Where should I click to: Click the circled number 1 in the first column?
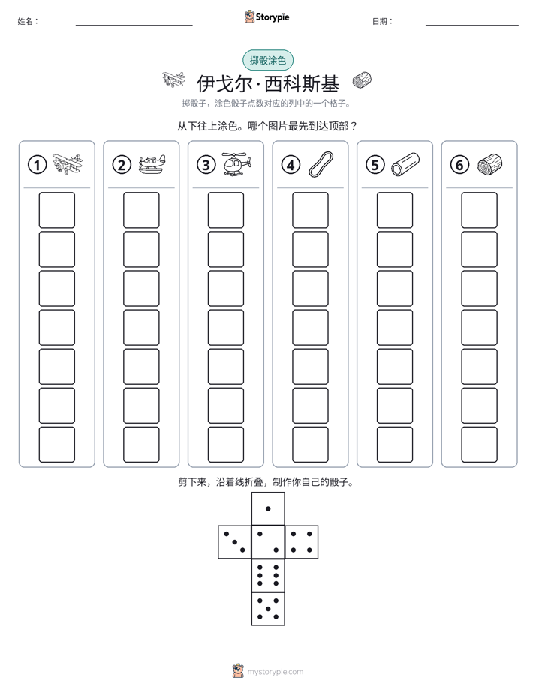click(x=37, y=165)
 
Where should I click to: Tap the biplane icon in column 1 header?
click(x=68, y=164)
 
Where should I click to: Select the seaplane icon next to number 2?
click(x=152, y=164)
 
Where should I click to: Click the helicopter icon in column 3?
click(x=236, y=164)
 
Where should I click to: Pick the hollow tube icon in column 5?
click(x=405, y=164)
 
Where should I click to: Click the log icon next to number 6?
click(x=490, y=164)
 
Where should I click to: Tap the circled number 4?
click(x=291, y=165)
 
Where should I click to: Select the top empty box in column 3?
click(x=225, y=210)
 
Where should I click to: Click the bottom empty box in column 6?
click(x=479, y=445)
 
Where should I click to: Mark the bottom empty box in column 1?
click(x=56, y=445)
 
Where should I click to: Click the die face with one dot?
click(x=268, y=508)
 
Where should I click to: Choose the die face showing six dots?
click(x=268, y=575)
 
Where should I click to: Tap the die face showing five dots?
click(x=268, y=609)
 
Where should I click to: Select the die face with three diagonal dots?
click(x=235, y=542)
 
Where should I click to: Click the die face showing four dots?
click(x=302, y=542)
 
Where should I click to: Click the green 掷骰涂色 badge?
click(x=268, y=60)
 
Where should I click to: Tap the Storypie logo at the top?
click(x=267, y=16)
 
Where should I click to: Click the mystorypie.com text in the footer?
click(x=275, y=672)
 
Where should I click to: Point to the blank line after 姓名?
click(x=134, y=25)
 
